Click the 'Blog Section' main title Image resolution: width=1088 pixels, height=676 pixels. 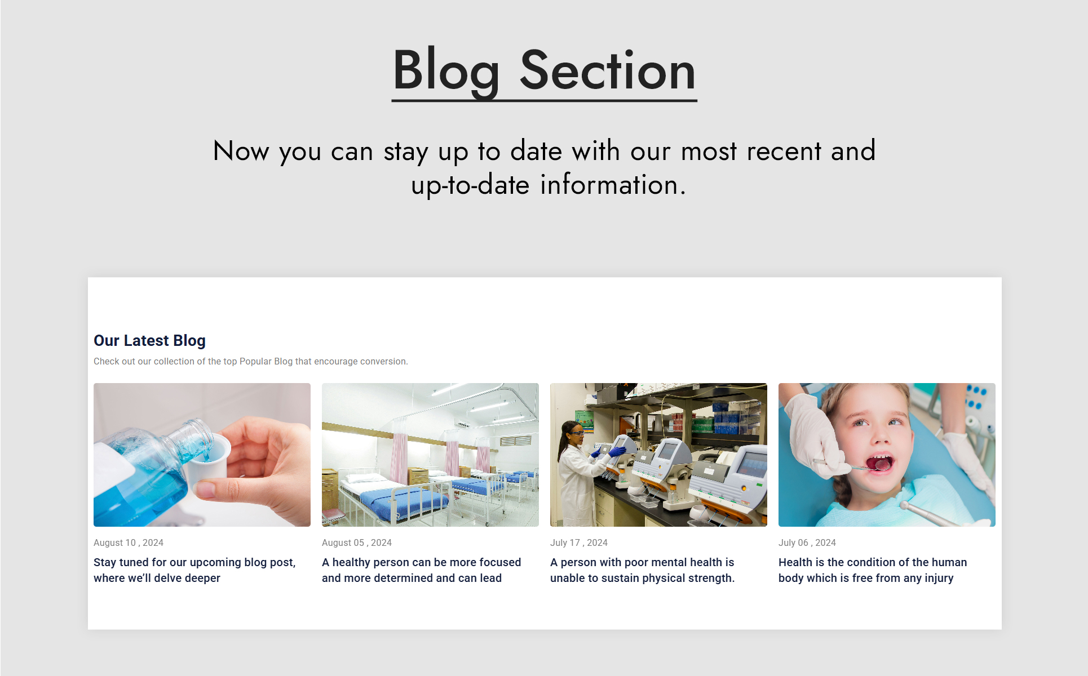coord(544,70)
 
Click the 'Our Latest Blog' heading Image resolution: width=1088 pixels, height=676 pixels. coord(149,341)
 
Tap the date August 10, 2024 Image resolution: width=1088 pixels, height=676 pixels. coord(129,542)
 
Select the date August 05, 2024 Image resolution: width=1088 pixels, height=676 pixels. coord(357,542)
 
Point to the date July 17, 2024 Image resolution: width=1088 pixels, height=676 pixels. coord(579,542)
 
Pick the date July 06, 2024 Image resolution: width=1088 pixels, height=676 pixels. coord(807,542)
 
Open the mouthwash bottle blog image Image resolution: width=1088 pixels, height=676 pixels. coord(202,455)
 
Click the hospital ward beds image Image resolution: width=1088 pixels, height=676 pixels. coord(430,455)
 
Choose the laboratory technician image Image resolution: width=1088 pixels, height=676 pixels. coord(658,455)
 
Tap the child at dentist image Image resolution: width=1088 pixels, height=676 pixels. coord(887,455)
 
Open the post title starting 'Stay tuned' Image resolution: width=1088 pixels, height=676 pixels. coord(194,570)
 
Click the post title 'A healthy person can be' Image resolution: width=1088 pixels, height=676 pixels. coord(421,570)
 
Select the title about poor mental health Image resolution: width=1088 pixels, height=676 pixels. coord(642,570)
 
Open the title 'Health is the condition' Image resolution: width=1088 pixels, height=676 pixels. coord(873,570)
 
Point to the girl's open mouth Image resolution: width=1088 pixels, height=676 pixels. coord(879,463)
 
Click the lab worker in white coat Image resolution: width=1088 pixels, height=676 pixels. coord(578,473)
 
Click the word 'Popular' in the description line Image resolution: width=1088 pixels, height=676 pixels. coord(255,361)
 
